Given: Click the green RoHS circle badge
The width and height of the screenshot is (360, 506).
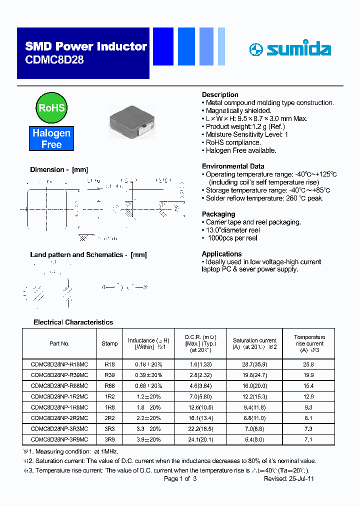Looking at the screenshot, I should coord(51,107).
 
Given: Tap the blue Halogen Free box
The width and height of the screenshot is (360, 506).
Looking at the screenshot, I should coord(51,138).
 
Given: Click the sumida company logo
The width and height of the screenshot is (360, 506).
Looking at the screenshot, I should coord(290,49).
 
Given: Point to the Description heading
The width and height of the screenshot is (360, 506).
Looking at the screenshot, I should coord(220,94).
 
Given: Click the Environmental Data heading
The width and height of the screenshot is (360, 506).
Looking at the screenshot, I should coord(233,166).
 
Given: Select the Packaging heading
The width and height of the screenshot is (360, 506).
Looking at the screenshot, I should coord(218,214).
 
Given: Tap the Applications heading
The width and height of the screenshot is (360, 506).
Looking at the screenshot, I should coord(221,253).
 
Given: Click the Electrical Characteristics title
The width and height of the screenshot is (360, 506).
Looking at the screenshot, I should coord(73,322).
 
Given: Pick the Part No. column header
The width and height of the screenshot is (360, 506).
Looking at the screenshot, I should coord(59,343).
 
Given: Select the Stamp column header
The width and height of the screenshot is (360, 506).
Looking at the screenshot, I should coord(109,343).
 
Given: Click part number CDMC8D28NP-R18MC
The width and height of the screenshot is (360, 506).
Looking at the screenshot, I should coord(59,364).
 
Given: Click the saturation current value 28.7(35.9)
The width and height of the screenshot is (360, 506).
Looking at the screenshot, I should coord(254,364).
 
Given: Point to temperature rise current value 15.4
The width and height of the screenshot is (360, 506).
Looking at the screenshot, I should coord(308,386).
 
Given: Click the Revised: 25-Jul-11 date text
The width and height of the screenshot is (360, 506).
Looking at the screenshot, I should coord(288,478).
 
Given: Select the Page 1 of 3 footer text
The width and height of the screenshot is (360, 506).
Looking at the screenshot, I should coord(180,478).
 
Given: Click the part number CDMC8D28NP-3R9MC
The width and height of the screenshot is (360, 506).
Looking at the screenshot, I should coord(59,439).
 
